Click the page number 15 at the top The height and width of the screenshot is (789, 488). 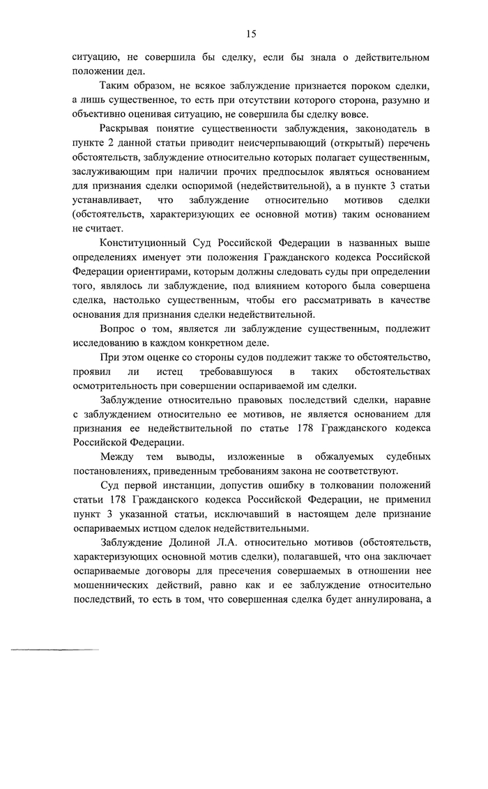pos(251,33)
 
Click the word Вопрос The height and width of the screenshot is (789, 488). pos(119,328)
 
